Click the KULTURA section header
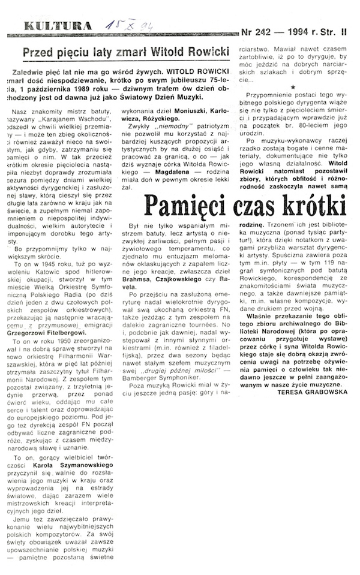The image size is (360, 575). coord(49,26)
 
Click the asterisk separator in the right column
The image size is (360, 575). coord(292,88)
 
